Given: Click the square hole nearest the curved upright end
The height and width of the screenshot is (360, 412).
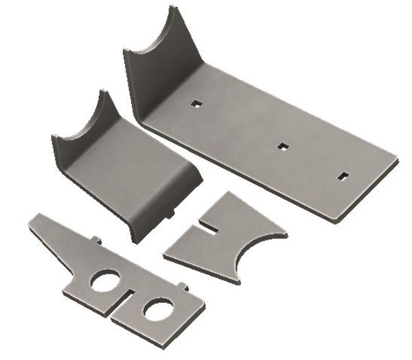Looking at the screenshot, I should pyautogui.click(x=196, y=104).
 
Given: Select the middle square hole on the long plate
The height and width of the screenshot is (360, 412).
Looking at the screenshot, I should pyautogui.click(x=282, y=145).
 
